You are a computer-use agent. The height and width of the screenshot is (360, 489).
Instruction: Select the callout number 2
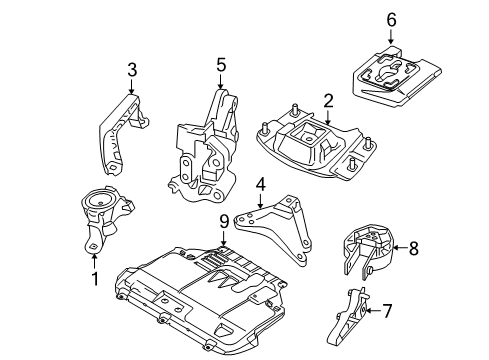[327, 100]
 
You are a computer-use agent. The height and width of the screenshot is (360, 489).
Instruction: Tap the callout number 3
[131, 69]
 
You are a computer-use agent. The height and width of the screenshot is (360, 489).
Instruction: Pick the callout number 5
[222, 65]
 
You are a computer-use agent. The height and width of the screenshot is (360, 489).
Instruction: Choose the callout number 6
[391, 18]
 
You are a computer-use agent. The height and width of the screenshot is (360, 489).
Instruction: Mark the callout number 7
[387, 311]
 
